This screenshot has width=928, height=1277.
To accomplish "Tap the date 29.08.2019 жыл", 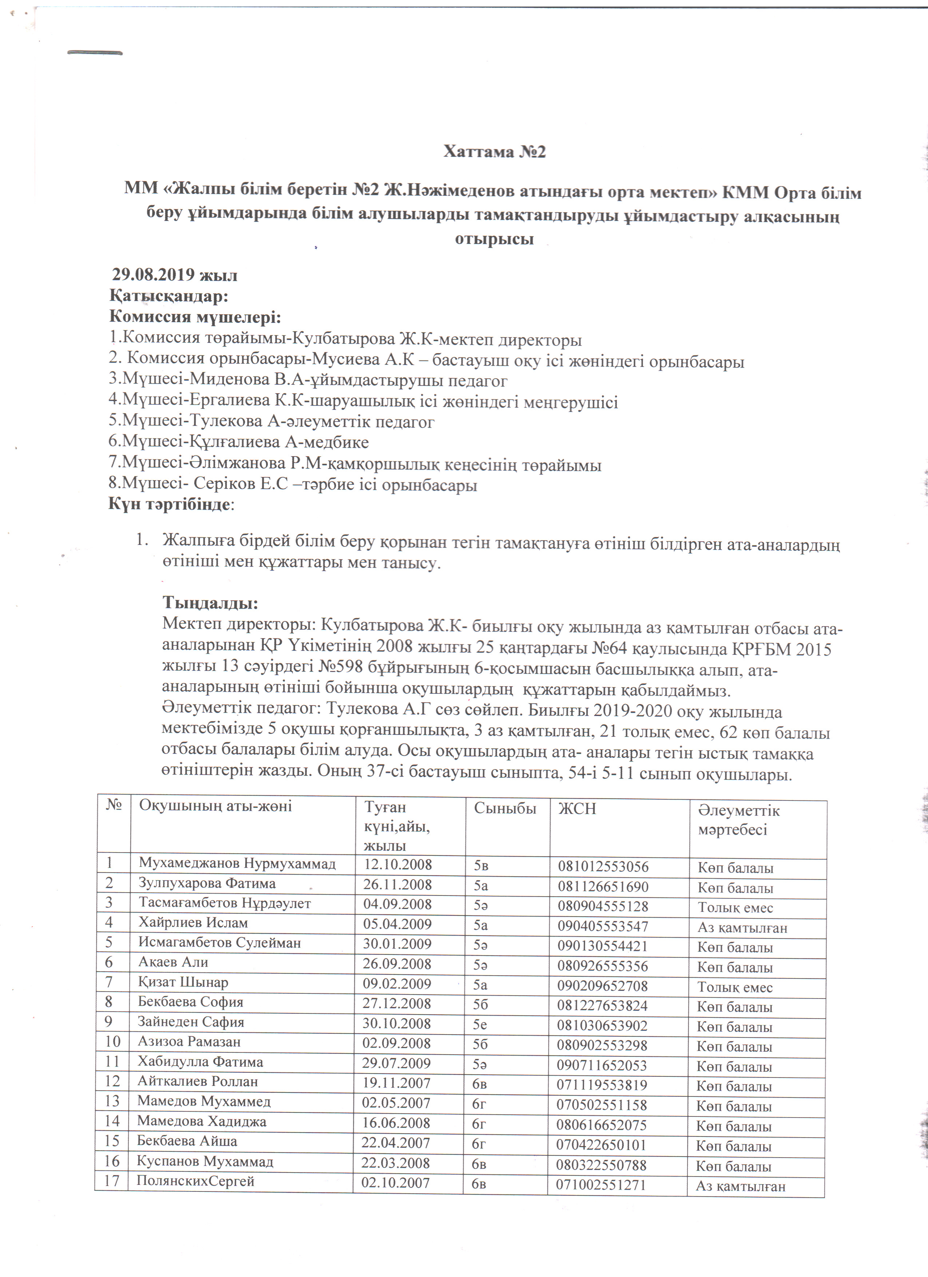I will [x=174, y=275].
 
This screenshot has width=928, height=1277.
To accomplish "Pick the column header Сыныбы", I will [x=505, y=808].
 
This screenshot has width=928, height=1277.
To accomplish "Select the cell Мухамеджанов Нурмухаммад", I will [x=238, y=863].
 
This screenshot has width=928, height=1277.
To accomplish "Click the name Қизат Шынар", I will [x=183, y=983].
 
